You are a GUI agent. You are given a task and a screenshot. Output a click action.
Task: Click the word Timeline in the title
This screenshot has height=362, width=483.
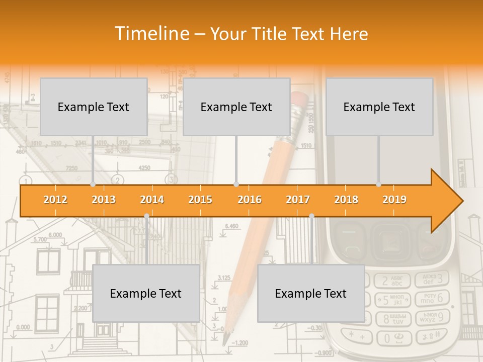(x=151, y=34)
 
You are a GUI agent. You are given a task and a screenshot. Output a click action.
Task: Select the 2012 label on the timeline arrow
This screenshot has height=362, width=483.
(x=55, y=200)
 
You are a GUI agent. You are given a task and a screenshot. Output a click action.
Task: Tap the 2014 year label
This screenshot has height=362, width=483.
(x=152, y=200)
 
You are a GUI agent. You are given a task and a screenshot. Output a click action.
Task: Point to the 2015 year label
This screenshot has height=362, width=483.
(x=200, y=200)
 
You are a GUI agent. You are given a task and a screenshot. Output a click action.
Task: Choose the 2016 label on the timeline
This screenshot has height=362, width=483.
(x=250, y=200)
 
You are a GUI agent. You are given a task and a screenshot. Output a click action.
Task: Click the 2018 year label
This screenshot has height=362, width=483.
(x=346, y=200)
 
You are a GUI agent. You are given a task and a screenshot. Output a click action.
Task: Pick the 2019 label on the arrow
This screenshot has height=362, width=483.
(x=394, y=200)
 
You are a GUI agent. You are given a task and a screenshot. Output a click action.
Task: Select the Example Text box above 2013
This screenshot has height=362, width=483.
(x=94, y=107)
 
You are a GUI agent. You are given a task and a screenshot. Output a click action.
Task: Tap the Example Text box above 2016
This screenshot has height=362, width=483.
(x=236, y=107)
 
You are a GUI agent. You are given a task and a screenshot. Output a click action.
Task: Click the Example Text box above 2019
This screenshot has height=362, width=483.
(x=379, y=107)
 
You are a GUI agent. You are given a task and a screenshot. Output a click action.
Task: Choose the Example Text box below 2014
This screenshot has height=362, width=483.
(x=146, y=293)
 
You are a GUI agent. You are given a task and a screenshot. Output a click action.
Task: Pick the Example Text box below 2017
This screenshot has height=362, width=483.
(x=311, y=293)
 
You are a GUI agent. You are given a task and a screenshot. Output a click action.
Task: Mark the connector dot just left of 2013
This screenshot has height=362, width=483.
(x=93, y=185)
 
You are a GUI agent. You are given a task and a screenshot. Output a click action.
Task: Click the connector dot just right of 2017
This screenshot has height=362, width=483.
(x=311, y=216)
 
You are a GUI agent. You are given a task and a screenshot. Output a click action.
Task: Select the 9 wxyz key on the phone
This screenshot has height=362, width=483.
(x=432, y=317)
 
